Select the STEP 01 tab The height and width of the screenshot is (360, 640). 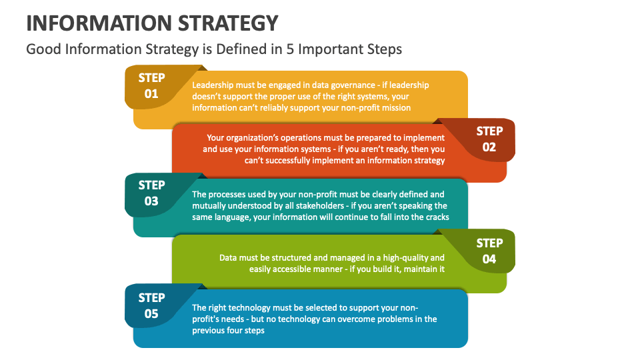click(x=152, y=85)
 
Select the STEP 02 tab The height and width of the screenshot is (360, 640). click(x=489, y=139)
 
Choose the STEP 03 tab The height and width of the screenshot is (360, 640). click(x=152, y=193)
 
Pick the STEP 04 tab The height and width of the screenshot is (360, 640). click(x=489, y=251)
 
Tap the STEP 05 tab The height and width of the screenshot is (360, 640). click(x=152, y=305)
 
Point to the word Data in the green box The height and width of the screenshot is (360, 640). click(x=229, y=258)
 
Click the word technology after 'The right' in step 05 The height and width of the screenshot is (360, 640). click(x=252, y=308)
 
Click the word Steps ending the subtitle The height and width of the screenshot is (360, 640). click(x=383, y=49)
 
